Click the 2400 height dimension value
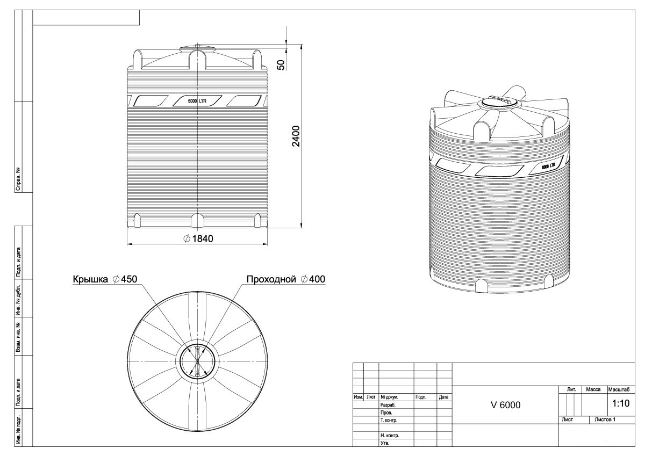[296, 136]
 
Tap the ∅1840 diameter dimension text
[198, 239]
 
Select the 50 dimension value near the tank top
[281, 65]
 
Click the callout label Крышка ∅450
[105, 279]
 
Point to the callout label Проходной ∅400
[285, 279]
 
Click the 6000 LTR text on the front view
[197, 101]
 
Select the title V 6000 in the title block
[506, 405]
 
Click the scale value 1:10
[621, 403]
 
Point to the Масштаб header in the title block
[619, 389]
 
